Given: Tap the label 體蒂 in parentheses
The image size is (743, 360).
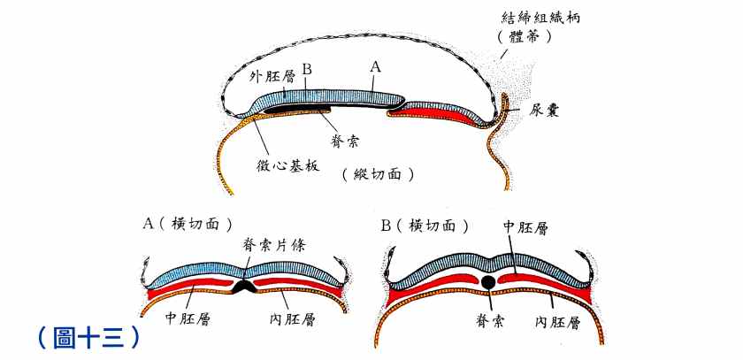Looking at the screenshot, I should tap(530, 37).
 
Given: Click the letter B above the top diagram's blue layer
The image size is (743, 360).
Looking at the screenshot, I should tap(307, 69).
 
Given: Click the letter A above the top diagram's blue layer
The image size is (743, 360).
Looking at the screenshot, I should tap(375, 66).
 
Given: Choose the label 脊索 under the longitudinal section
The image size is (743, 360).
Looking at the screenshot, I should tap(343, 139).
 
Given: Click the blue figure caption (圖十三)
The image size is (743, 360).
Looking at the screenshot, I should tap(88, 337).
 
